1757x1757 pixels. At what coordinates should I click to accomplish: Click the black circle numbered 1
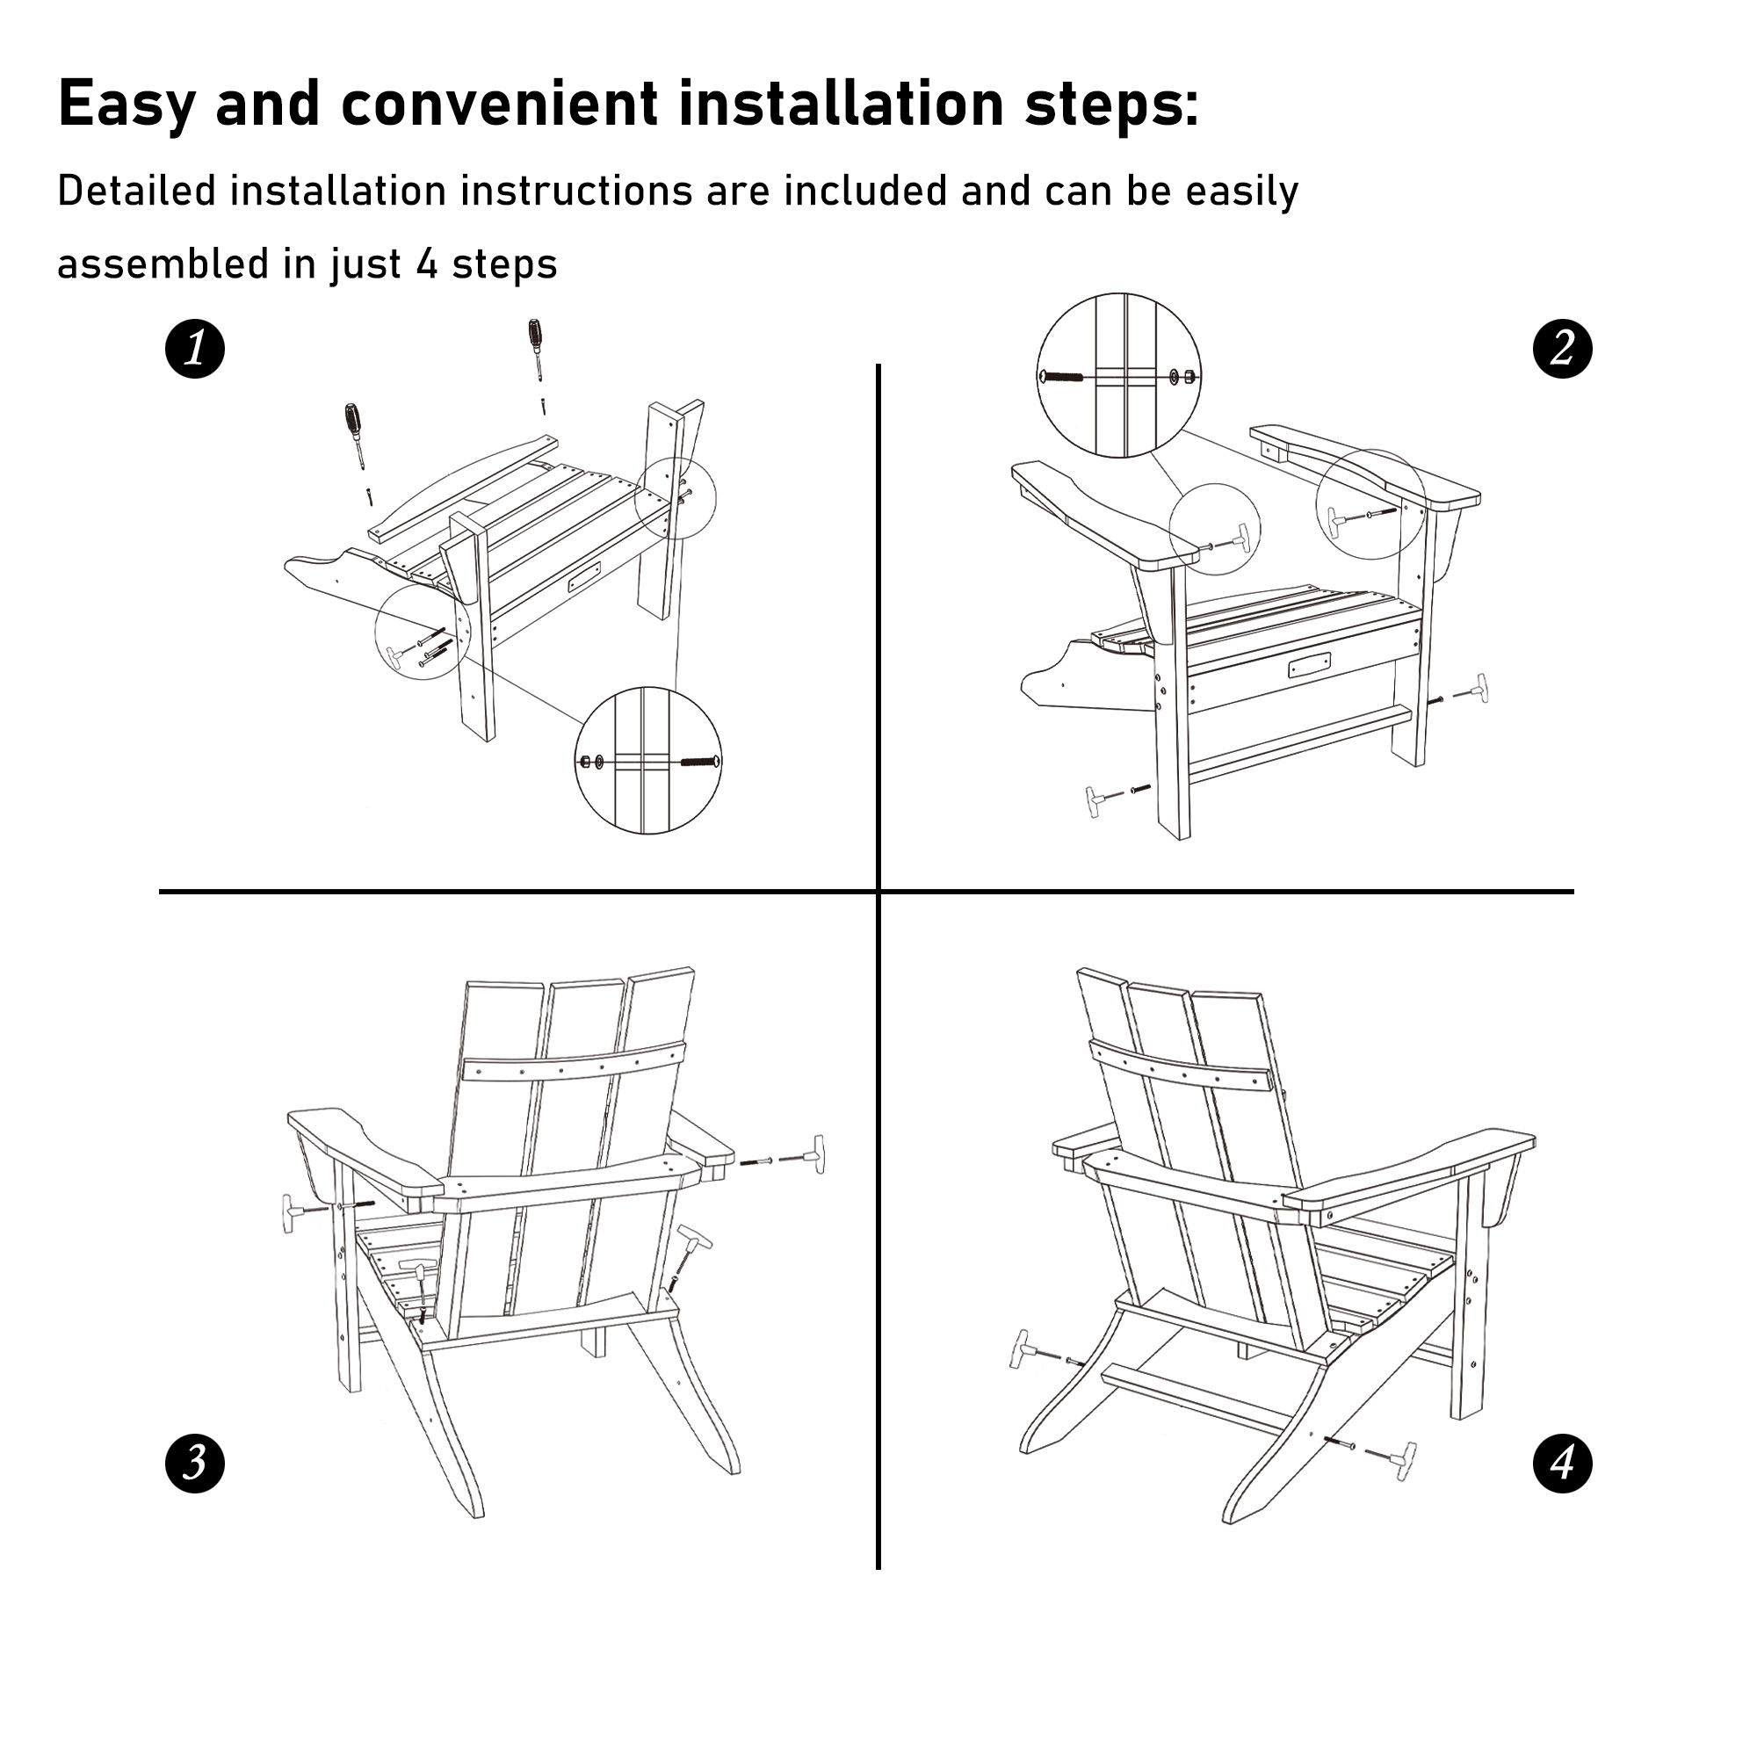click(195, 350)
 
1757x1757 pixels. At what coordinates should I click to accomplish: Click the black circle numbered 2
click(1562, 350)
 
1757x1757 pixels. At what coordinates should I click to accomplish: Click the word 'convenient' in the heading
click(498, 104)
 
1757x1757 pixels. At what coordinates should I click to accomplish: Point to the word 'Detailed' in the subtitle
click(136, 192)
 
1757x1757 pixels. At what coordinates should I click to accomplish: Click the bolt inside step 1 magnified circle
click(700, 760)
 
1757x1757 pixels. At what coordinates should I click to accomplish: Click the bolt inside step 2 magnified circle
click(1061, 376)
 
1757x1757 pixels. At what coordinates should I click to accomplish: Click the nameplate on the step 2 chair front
click(1309, 666)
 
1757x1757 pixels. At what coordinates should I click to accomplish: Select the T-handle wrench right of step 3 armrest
click(812, 1155)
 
